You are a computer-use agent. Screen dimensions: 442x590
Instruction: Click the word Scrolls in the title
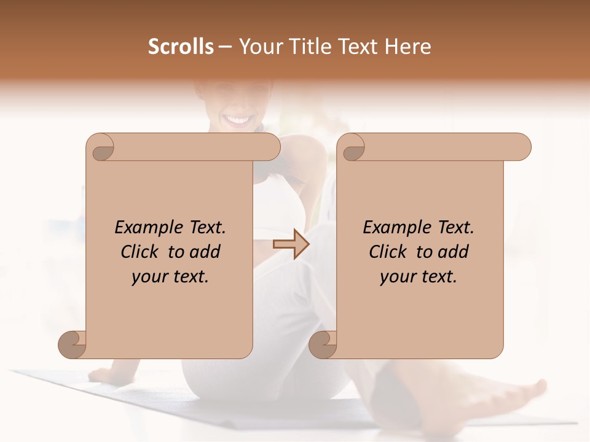181,47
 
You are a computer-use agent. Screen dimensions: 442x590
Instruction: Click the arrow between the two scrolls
291,244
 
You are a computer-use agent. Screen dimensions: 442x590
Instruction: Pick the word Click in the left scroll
139,252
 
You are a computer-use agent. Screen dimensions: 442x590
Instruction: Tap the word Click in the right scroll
387,252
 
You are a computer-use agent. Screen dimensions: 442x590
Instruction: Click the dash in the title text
226,47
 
